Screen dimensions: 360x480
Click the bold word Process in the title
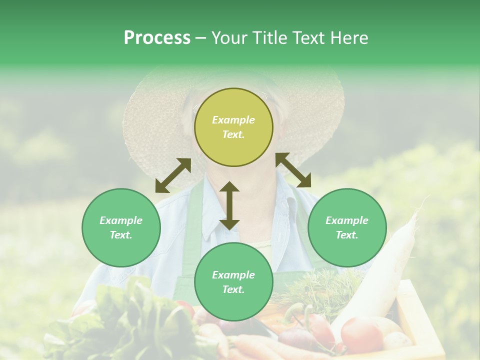click(157, 38)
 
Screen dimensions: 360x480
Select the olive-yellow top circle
click(233, 127)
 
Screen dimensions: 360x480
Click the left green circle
click(121, 227)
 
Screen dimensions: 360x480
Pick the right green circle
click(347, 227)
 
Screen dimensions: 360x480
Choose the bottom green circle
click(233, 282)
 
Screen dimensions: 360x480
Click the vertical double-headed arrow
click(229, 205)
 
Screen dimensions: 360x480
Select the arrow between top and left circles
click(173, 175)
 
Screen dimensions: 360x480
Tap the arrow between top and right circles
click(293, 170)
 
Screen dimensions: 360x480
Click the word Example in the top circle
click(233, 120)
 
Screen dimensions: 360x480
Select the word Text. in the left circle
click(121, 235)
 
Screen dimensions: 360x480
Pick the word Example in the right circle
click(347, 220)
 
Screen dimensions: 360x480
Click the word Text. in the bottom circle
click(233, 289)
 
